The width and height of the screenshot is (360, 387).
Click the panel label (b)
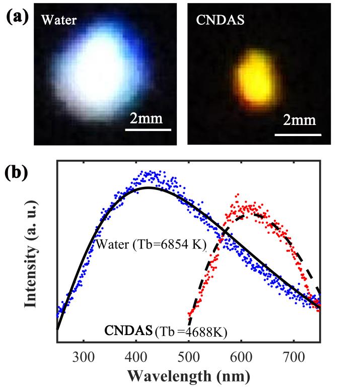(x=16, y=173)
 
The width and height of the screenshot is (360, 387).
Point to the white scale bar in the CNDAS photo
(x=298, y=135)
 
